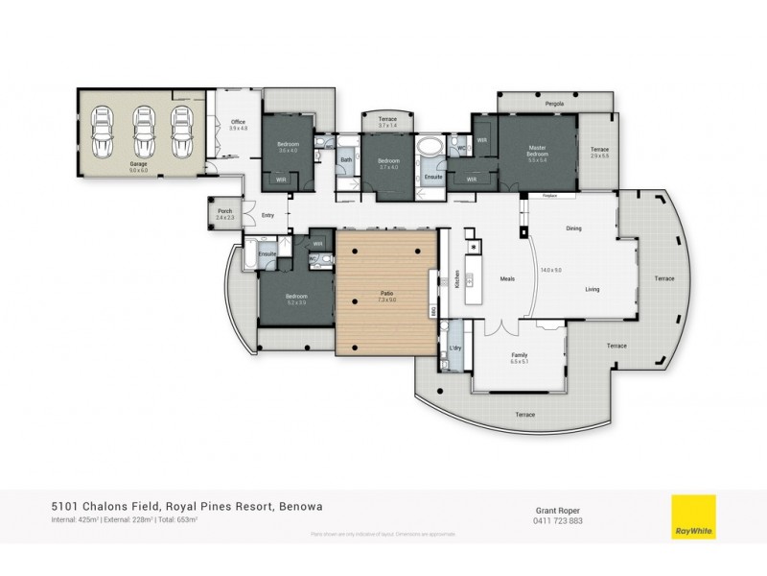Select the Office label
(239, 122)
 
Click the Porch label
(224, 212)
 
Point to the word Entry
(267, 215)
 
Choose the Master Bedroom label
(538, 150)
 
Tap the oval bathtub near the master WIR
(432, 147)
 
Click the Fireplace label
(549, 195)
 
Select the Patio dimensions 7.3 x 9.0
(387, 300)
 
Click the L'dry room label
(455, 348)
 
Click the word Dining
(574, 228)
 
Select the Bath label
(346, 160)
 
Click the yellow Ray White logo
(694, 517)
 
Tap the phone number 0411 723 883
(556, 521)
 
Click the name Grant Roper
(556, 511)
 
